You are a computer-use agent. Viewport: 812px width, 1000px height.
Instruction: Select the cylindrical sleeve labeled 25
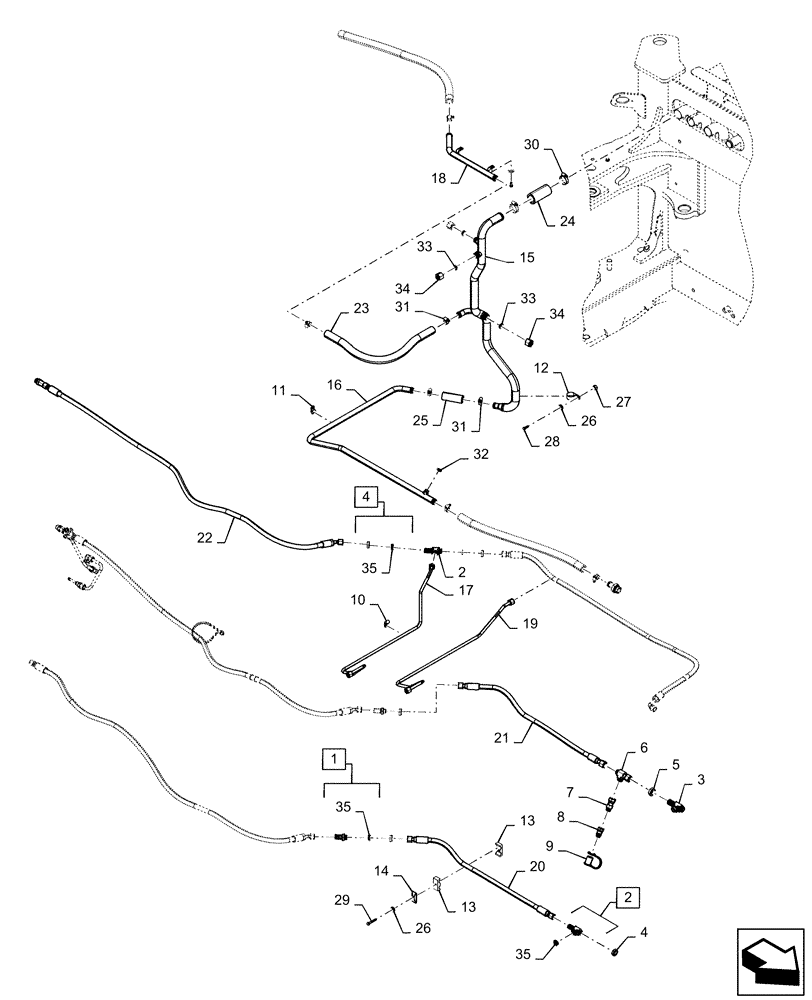pyautogui.click(x=454, y=397)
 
